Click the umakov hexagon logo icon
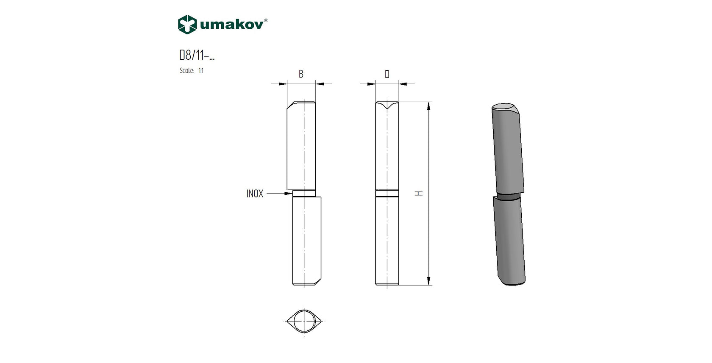tap(187, 24)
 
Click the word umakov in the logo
tap(231, 25)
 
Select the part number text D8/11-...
tap(197, 55)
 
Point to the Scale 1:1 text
tap(192, 71)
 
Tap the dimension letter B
tap(301, 74)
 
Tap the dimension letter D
tap(387, 75)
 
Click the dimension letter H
tap(419, 193)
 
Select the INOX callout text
tap(255, 194)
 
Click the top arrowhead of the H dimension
tap(429, 106)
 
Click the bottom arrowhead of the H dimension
tap(429, 281)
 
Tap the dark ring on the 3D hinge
tap(509, 196)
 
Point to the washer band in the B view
tap(304, 194)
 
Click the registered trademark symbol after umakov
tap(266, 20)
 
